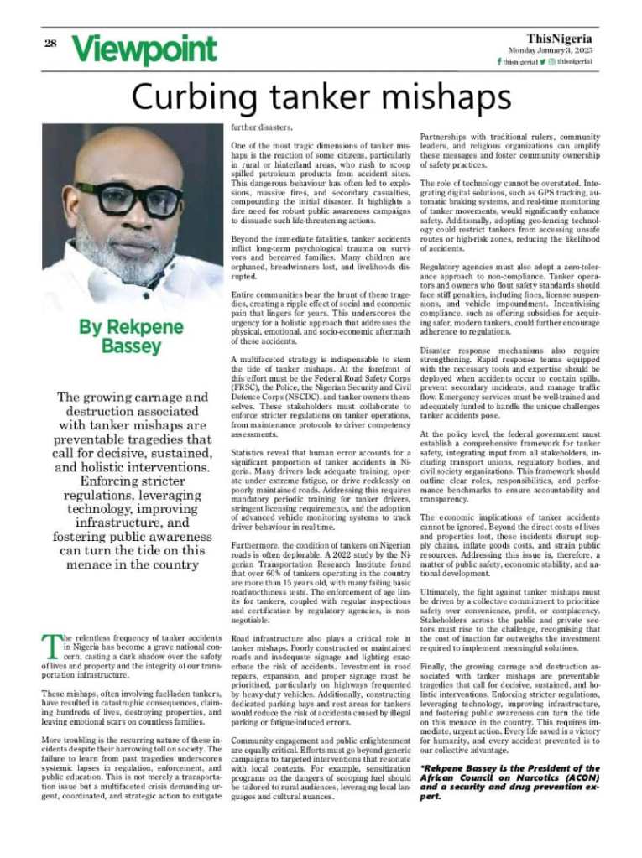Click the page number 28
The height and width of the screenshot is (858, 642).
(50, 43)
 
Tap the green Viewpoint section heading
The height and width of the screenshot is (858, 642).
(144, 49)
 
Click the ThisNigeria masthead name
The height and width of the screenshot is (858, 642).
(560, 39)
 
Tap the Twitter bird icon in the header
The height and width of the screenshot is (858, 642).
(542, 62)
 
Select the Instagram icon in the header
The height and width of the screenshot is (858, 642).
(552, 62)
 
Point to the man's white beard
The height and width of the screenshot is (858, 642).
(126, 252)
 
